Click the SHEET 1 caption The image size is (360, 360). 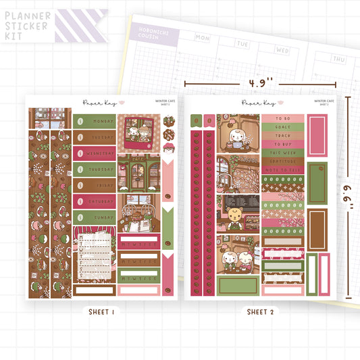(101, 311)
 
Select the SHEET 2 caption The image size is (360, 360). (259, 311)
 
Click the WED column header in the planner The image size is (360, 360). (283, 50)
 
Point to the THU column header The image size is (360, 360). (338, 59)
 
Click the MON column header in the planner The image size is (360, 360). (202, 38)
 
